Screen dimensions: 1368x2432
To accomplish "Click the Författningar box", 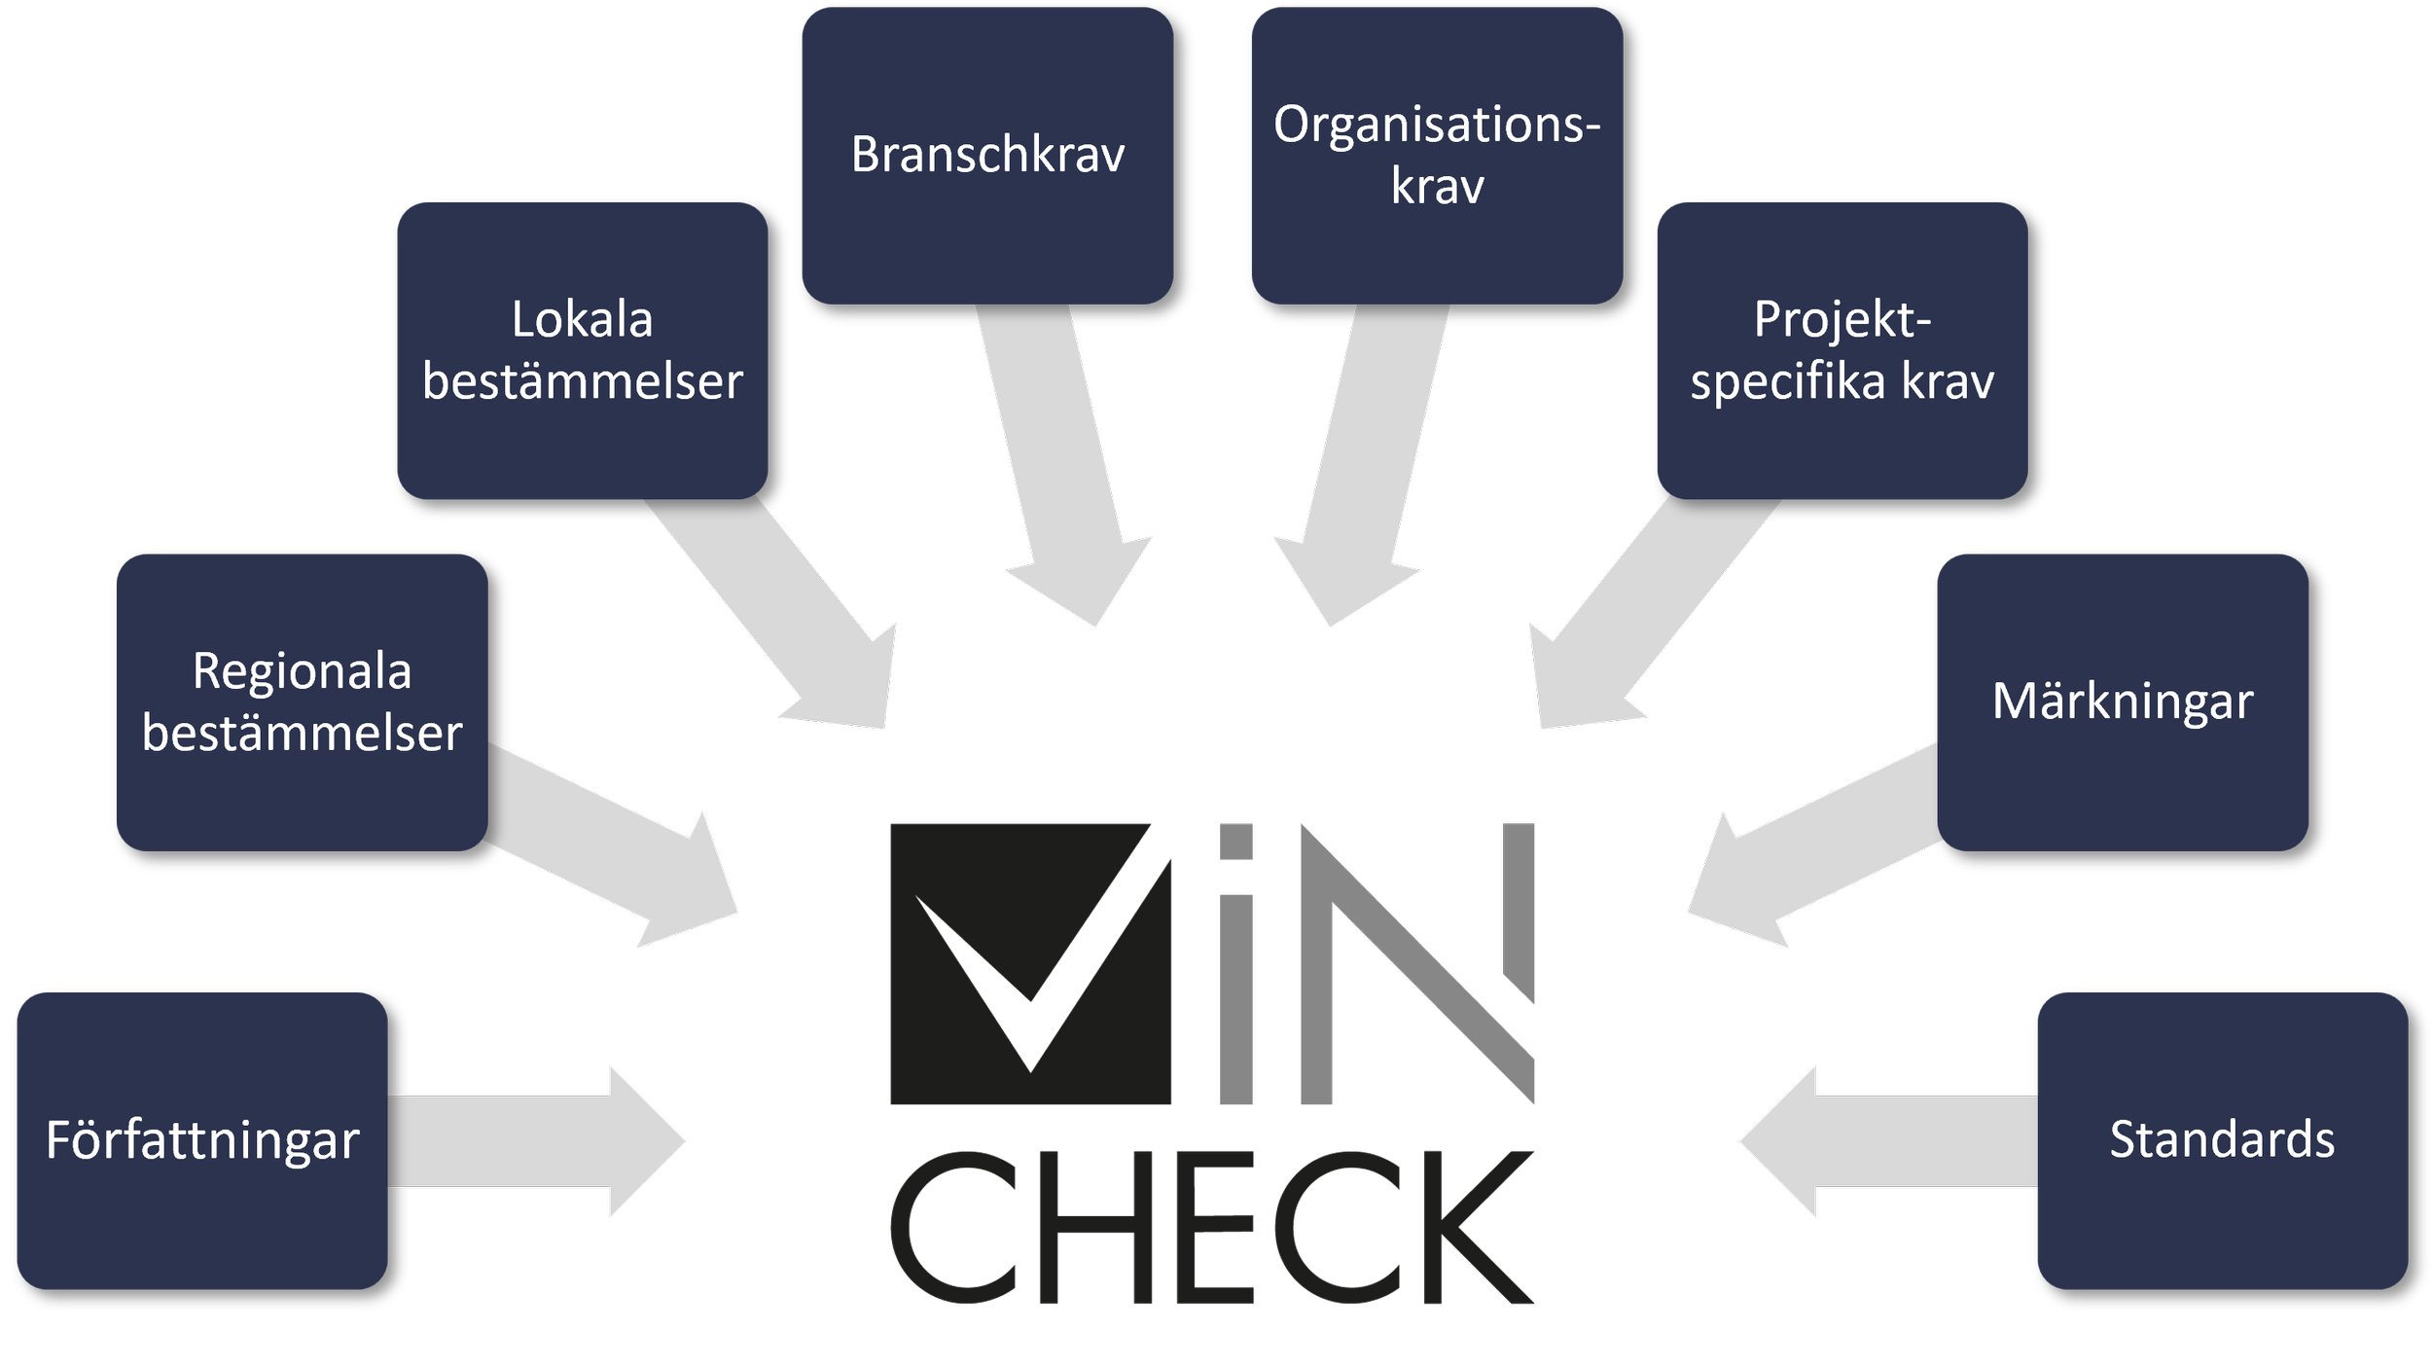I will (x=202, y=1140).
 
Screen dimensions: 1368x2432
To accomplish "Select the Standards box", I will (x=2222, y=1140).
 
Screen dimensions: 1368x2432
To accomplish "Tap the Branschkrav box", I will (x=987, y=156).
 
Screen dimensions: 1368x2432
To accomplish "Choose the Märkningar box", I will (x=2123, y=702).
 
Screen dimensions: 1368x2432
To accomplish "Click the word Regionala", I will (x=302, y=671).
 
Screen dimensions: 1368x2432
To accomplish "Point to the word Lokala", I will (x=582, y=320).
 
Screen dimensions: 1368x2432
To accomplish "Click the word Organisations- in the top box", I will (x=1437, y=125).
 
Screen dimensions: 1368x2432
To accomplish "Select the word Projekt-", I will (x=1842, y=320).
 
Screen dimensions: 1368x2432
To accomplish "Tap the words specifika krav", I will (x=1842, y=381).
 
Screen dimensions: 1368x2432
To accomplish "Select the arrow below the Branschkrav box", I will (x=1060, y=467).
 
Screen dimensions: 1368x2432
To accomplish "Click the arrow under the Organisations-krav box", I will (x=1362, y=467).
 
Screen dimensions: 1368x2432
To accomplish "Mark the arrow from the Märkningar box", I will (x=1809, y=837).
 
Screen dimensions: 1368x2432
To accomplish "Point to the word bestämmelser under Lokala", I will (x=582, y=381).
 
